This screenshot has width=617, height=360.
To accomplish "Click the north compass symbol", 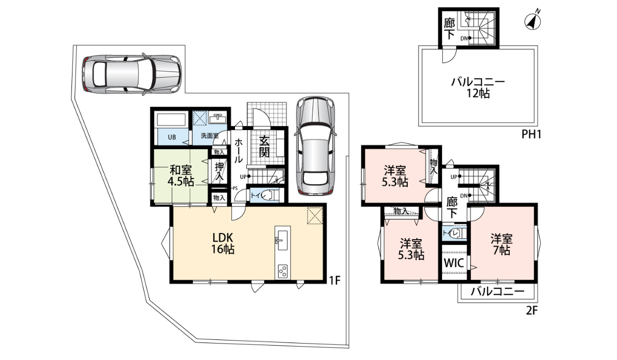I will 533,20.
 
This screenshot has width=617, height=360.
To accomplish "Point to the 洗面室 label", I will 209,137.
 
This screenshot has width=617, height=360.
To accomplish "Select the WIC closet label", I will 454,263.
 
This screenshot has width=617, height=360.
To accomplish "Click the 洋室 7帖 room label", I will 501,244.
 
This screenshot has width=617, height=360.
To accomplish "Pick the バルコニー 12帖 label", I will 478,87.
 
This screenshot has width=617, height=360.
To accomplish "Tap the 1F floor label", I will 335,280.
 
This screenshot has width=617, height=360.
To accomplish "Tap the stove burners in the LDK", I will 283,271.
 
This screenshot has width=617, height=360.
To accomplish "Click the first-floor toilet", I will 263,195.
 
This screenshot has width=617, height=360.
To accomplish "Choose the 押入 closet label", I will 220,171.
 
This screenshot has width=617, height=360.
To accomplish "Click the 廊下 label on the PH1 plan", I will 449,29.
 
